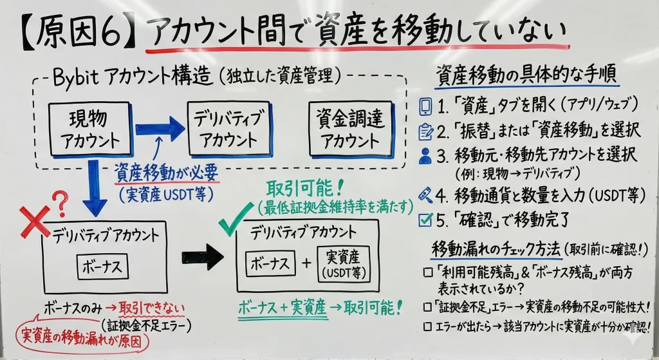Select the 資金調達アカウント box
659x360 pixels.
click(x=349, y=129)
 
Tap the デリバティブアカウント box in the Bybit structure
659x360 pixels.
click(x=226, y=129)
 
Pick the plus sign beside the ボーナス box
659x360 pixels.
click(x=306, y=264)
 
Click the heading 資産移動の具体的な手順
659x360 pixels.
click(x=526, y=75)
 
